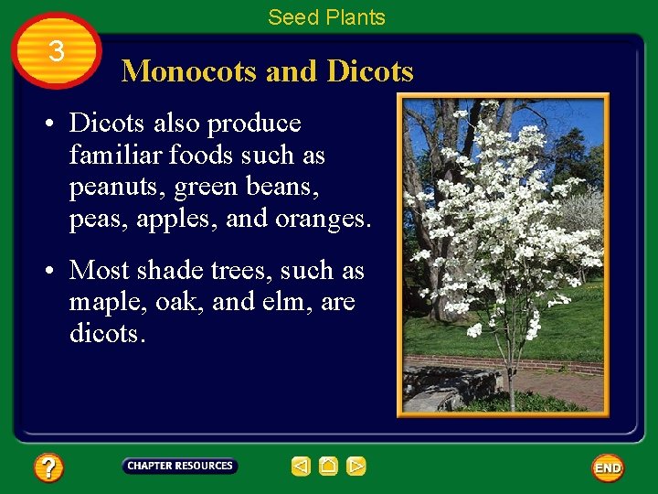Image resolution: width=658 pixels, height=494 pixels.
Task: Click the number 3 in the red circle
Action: (57, 51)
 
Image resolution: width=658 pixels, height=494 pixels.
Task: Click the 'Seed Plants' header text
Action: (326, 16)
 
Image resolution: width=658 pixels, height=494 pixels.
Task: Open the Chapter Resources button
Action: (180, 466)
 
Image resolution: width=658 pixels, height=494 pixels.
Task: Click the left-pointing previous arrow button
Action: (301, 467)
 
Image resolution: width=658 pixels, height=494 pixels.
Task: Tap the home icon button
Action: (328, 467)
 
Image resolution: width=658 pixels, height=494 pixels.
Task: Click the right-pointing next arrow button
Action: (356, 467)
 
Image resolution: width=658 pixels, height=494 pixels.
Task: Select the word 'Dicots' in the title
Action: (369, 70)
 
